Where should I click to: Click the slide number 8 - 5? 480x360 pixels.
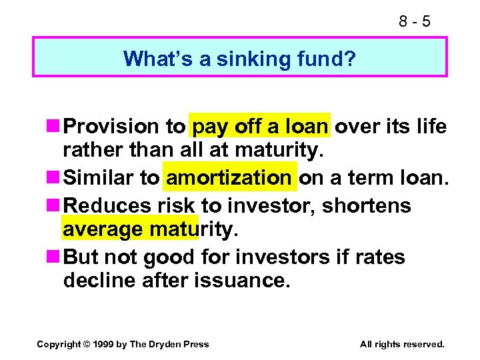tap(415, 21)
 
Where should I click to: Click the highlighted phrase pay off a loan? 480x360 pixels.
tap(259, 127)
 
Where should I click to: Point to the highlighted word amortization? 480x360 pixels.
tap(229, 177)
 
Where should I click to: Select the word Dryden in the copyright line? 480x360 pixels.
tap(166, 344)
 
